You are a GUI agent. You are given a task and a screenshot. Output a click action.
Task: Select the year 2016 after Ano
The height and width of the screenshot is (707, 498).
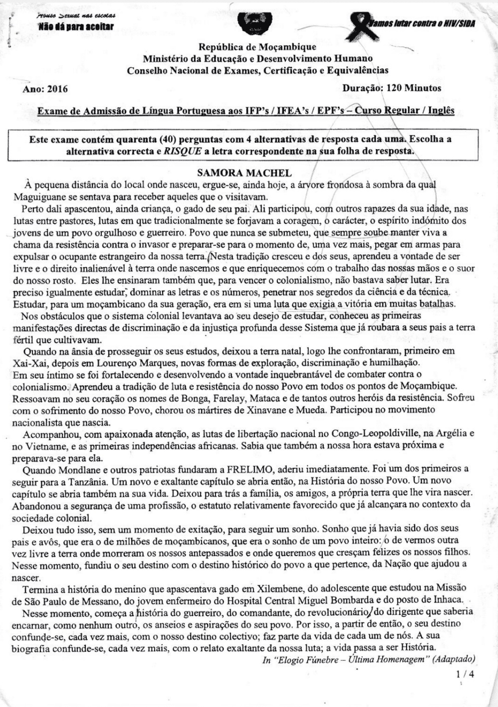point(57,89)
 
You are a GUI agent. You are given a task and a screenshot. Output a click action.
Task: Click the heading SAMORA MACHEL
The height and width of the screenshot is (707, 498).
point(245,173)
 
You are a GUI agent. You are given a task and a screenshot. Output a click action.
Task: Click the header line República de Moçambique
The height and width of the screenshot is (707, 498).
point(257,47)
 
